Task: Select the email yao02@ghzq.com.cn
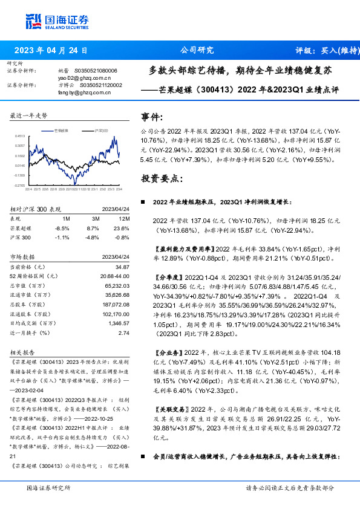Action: pos(84,78)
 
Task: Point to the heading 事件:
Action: pos(152,117)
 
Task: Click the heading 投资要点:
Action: pos(160,179)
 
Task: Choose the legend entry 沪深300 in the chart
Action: pos(100,131)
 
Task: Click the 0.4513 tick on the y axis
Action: pos(19,137)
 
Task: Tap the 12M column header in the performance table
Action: pos(124,218)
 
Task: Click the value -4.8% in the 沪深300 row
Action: pos(92,238)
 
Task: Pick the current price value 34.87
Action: pos(122,267)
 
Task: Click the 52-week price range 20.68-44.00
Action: pos(116,276)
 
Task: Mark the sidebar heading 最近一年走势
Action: pos(29,115)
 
